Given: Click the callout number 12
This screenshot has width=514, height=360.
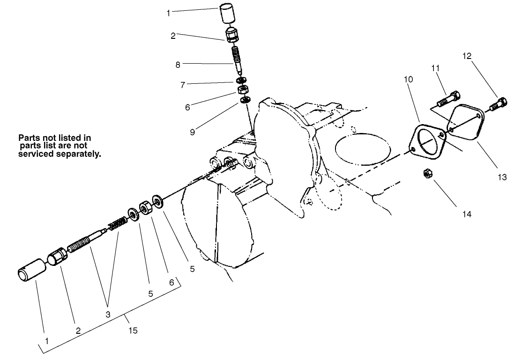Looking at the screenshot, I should click(x=467, y=56).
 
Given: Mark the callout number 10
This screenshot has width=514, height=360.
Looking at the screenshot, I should click(x=409, y=80).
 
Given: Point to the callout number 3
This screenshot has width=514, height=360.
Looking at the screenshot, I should click(x=108, y=315).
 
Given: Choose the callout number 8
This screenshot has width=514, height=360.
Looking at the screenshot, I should click(x=178, y=65).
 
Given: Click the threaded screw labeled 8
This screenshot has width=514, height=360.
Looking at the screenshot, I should click(x=239, y=62).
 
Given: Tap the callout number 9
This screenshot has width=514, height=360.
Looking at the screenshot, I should click(x=192, y=132).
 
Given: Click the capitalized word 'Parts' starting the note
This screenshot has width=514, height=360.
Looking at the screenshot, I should click(x=28, y=138).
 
